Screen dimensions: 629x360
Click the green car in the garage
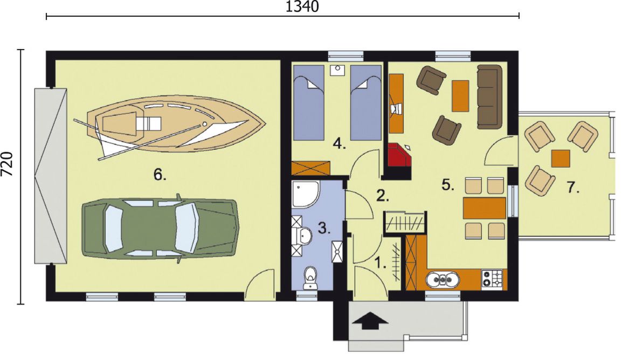[161, 229]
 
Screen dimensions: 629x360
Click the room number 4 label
[340, 143]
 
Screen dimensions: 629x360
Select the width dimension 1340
[302, 7]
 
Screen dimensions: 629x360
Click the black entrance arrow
[370, 321]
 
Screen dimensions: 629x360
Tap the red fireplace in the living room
[400, 154]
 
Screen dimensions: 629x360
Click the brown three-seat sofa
[489, 97]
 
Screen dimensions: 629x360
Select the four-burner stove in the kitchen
[492, 278]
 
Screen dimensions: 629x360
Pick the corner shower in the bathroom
[305, 195]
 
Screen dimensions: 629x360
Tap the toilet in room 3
[310, 278]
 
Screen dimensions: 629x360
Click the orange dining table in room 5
[484, 207]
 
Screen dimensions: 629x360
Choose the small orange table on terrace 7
[561, 158]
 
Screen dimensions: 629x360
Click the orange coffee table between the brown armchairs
[460, 96]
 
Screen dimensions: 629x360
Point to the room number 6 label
[160, 175]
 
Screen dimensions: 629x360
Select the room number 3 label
[324, 228]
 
